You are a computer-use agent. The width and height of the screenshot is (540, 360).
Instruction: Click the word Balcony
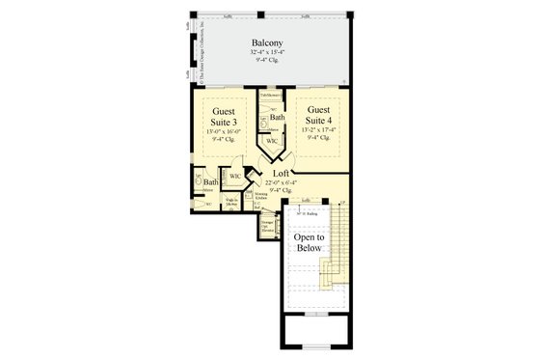click(267, 43)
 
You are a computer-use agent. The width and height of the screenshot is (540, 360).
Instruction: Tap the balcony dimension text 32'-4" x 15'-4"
click(267, 54)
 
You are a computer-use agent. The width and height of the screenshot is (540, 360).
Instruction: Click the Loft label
click(283, 174)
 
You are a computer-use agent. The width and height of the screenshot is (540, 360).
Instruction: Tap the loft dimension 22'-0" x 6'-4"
click(283, 183)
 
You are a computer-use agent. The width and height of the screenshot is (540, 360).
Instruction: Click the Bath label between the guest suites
click(278, 117)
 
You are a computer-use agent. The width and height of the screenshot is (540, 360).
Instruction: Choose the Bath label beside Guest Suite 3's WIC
click(210, 181)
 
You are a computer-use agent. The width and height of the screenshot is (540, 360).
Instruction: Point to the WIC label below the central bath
click(272, 140)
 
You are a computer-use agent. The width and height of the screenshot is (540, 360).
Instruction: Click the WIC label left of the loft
click(235, 176)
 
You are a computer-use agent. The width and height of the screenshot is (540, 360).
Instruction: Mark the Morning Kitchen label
click(261, 197)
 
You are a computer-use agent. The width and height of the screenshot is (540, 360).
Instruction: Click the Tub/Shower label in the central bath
click(271, 97)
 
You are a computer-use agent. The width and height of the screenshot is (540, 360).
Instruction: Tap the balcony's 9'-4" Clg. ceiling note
click(267, 62)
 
